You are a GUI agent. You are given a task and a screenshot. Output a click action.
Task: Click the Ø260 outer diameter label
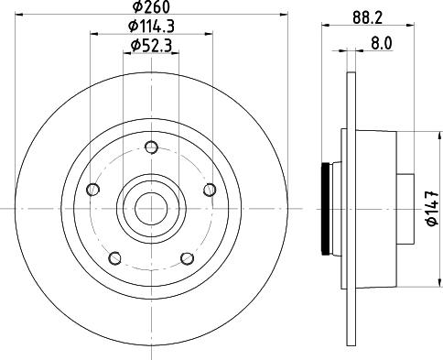pos(151,6)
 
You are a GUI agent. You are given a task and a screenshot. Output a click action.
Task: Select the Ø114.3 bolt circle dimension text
pos(151,27)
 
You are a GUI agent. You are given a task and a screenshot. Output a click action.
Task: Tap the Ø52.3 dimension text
pos(151,46)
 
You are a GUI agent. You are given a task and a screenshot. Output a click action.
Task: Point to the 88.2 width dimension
pos(367,17)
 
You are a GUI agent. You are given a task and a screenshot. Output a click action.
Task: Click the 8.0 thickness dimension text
pos(382,43)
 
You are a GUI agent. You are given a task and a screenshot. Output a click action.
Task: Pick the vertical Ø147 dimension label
pos(432,209)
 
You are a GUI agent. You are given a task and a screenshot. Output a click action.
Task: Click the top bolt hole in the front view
pos(151,147)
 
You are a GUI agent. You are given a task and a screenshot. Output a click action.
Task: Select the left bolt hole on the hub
pos(93,190)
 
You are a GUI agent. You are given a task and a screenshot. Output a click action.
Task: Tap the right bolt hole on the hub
pos(210,190)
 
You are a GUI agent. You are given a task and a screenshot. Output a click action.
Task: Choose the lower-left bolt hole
pos(115,258)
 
